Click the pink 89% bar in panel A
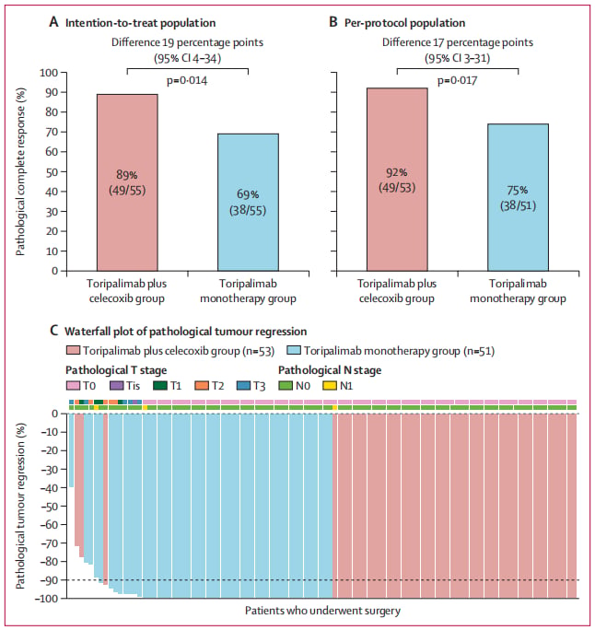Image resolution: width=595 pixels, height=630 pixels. click(x=127, y=182)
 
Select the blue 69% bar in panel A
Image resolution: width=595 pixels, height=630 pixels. click(x=249, y=202)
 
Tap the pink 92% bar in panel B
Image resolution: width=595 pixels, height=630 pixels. click(x=397, y=180)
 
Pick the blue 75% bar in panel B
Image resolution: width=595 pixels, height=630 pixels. click(x=519, y=197)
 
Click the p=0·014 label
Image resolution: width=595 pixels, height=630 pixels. click(x=187, y=81)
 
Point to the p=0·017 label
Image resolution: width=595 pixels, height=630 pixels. click(x=457, y=81)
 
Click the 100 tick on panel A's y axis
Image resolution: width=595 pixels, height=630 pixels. click(x=49, y=73)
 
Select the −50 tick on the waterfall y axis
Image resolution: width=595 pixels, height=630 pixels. click(x=50, y=506)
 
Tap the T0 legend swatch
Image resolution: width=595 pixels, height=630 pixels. click(x=73, y=386)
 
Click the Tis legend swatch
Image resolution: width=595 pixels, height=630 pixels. click(x=116, y=386)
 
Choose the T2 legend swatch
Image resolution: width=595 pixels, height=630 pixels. click(x=202, y=386)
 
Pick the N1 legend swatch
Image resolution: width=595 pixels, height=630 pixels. click(x=330, y=386)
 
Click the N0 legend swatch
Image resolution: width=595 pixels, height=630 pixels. click(x=286, y=386)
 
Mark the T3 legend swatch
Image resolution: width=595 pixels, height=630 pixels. click(x=244, y=386)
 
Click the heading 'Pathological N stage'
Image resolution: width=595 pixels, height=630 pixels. click(x=330, y=370)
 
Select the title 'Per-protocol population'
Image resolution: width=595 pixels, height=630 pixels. click(x=405, y=23)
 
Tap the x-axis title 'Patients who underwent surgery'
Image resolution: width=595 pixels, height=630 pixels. click(x=323, y=611)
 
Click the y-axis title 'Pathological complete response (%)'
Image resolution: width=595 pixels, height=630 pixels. click(x=20, y=171)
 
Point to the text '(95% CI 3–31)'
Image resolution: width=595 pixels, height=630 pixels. click(x=458, y=59)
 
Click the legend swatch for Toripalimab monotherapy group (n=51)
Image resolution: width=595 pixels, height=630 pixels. click(x=294, y=351)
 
